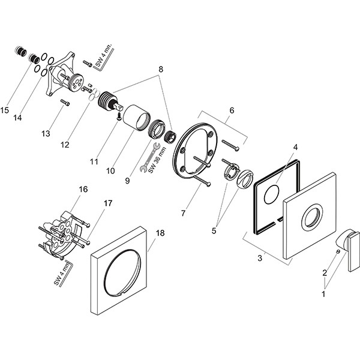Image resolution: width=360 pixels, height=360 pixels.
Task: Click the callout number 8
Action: click(x=161, y=69)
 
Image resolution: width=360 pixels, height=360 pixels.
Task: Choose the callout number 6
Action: click(x=232, y=110)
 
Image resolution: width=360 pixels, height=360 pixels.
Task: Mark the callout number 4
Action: click(x=295, y=147)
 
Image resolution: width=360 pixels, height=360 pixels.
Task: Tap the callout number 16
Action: click(x=83, y=190)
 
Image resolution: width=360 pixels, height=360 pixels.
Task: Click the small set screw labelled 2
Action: click(x=340, y=252)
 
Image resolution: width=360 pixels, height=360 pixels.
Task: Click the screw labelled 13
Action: click(x=65, y=103)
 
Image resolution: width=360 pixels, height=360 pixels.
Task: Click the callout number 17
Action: click(x=107, y=203)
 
